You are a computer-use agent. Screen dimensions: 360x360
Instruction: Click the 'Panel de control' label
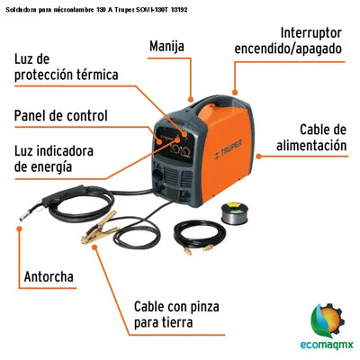60,115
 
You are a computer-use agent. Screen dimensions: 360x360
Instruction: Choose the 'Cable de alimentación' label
310,137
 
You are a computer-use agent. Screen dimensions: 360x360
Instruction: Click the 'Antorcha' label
49,276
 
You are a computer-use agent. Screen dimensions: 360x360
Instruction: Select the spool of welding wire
237,215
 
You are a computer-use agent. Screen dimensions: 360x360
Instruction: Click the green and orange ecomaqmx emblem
323,318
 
